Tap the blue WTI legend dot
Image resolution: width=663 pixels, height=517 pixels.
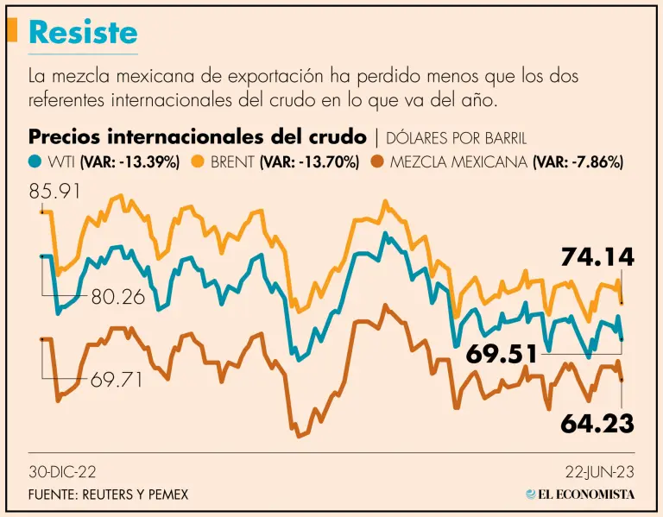[x=35, y=161]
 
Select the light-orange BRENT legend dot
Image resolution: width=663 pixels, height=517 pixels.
[x=197, y=161]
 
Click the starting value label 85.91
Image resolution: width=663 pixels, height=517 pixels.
[x=54, y=191]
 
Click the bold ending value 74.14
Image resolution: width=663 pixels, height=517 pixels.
[x=597, y=256]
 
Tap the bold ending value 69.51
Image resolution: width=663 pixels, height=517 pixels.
[x=502, y=354]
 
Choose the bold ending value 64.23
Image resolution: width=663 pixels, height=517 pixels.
[x=597, y=423]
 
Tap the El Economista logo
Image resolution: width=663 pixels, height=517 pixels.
[x=580, y=495]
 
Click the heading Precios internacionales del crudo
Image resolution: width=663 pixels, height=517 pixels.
[x=198, y=137]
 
